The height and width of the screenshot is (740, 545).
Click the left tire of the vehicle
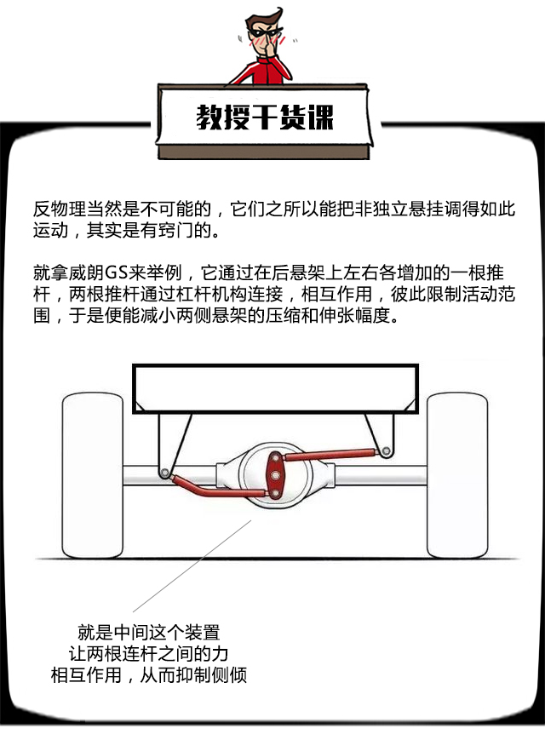93,476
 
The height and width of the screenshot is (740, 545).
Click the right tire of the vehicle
456,476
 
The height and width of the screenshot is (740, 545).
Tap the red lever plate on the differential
274,475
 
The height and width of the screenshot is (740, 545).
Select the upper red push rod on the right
330,455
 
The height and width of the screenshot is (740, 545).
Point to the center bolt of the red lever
274,476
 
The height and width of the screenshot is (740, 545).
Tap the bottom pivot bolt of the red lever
274,494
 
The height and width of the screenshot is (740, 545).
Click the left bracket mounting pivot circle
164,473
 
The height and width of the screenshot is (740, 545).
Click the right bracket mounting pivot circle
386,451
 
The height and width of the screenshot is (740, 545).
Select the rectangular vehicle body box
276,388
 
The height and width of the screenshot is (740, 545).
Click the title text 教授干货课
265,117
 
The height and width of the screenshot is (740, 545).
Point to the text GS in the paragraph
116,272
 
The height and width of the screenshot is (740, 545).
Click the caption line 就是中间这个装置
149,633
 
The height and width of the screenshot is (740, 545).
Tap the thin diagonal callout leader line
192,565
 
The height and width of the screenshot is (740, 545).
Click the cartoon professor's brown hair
261,19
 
